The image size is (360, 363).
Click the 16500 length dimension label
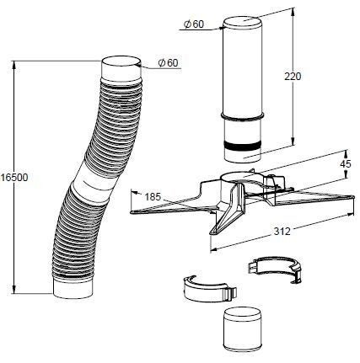14,178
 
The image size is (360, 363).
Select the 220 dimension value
293,76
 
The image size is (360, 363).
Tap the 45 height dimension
345,164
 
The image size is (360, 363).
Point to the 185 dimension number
153,197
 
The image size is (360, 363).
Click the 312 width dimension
282,232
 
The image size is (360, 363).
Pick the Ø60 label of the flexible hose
168,62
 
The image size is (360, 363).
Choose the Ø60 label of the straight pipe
194,24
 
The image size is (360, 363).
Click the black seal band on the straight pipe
242,146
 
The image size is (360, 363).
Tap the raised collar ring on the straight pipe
242,116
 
